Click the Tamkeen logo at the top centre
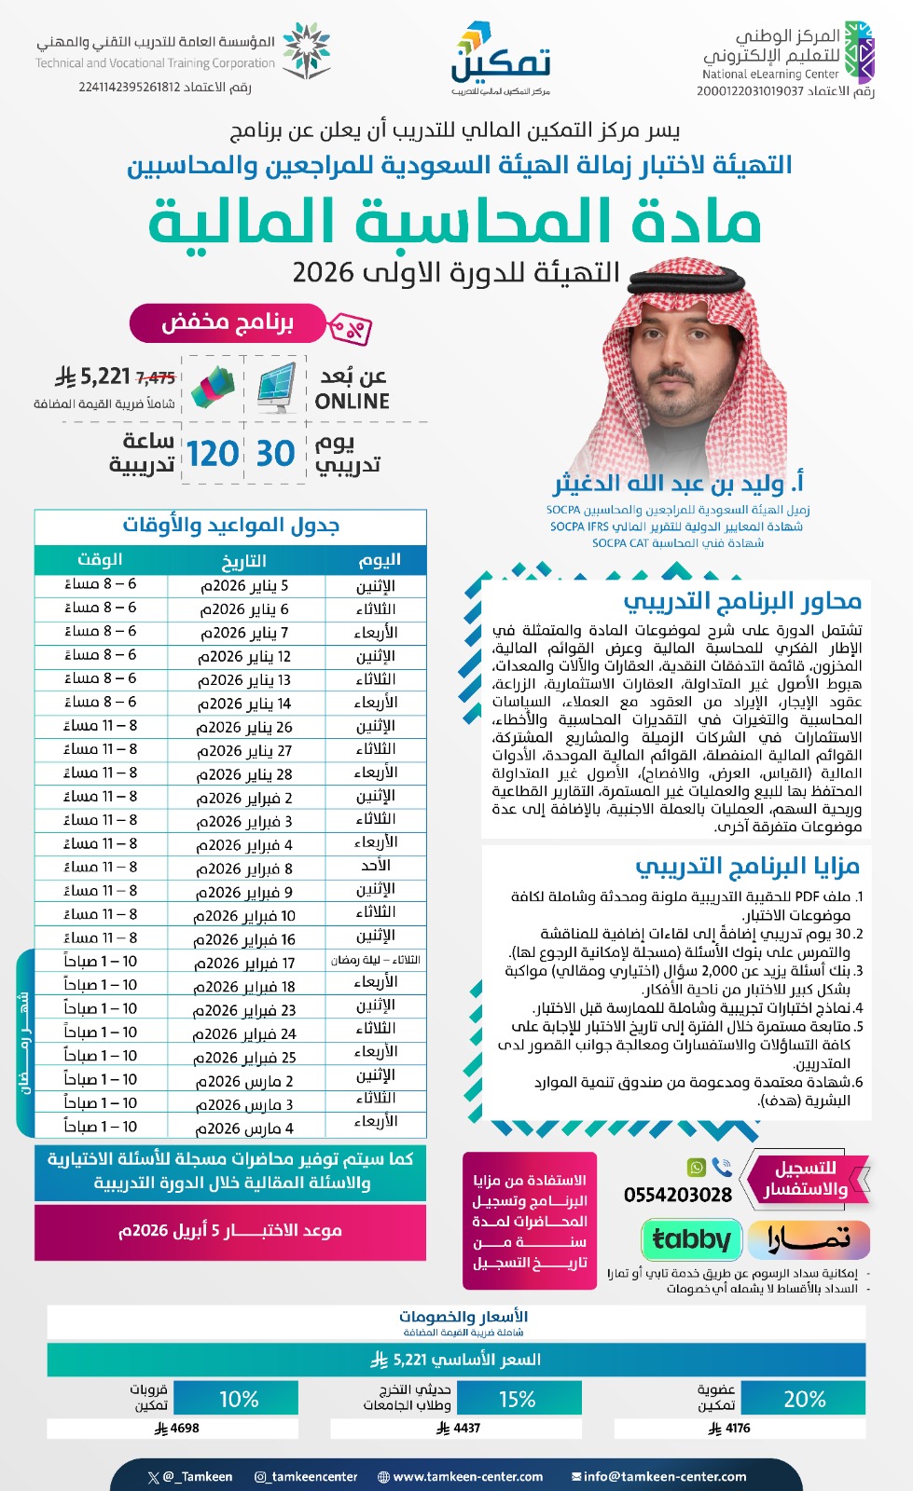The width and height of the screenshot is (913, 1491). [501, 58]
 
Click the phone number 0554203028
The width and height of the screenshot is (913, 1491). [678, 1195]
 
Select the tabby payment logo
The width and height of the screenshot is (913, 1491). [691, 1239]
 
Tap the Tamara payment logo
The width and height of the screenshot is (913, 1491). [809, 1239]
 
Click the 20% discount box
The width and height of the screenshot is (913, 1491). [804, 1399]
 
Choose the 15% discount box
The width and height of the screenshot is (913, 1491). [518, 1399]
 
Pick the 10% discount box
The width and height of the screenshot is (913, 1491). [237, 1399]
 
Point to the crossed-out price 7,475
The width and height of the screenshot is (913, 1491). [156, 377]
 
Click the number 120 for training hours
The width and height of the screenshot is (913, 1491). [212, 454]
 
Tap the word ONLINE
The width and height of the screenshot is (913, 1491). [352, 402]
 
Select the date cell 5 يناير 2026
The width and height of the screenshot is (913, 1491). [244, 586]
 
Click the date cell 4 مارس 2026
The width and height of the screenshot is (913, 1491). [244, 1128]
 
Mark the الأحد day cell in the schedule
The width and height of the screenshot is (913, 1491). [376, 866]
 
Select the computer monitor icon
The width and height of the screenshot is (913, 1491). [275, 387]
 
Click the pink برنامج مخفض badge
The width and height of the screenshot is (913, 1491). [228, 323]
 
